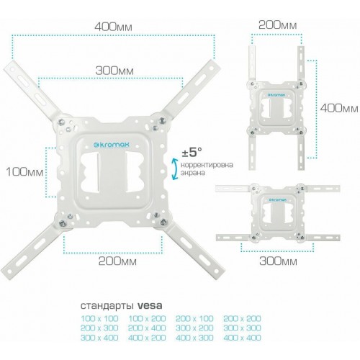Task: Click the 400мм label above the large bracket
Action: [113, 27]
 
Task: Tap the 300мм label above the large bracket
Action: [114, 71]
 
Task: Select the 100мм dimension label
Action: [24, 172]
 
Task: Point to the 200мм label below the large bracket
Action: [117, 261]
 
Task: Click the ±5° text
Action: [192, 152]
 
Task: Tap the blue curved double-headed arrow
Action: [175, 168]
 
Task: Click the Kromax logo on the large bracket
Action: [112, 145]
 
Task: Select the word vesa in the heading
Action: [150, 306]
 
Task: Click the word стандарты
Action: [107, 306]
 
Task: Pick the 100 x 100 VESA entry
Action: [99, 318]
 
